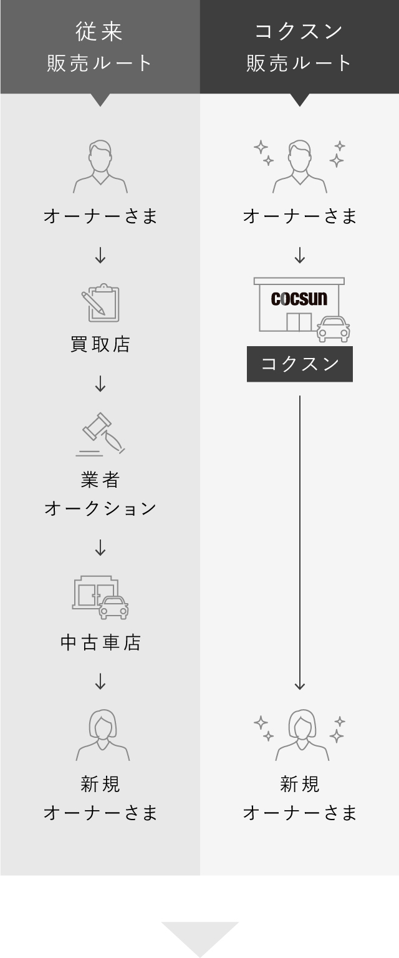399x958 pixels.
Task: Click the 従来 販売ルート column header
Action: (x=100, y=47)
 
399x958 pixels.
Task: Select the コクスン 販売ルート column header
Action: (x=299, y=47)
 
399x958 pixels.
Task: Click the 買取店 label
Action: (x=100, y=344)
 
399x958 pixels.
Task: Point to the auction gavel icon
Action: (x=101, y=434)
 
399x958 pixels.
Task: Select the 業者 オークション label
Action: (x=100, y=494)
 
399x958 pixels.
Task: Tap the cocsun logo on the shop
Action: (x=299, y=299)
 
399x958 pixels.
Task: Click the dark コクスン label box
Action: (x=299, y=364)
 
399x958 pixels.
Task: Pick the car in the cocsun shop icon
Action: (x=333, y=329)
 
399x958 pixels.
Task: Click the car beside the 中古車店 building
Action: (x=113, y=607)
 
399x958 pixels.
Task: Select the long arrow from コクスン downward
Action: (x=299, y=543)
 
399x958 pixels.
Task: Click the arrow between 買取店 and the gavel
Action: (x=100, y=384)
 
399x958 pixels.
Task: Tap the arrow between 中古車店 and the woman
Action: (x=100, y=681)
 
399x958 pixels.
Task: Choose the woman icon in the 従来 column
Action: (x=102, y=735)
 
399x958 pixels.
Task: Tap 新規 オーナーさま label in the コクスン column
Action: (x=299, y=798)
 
